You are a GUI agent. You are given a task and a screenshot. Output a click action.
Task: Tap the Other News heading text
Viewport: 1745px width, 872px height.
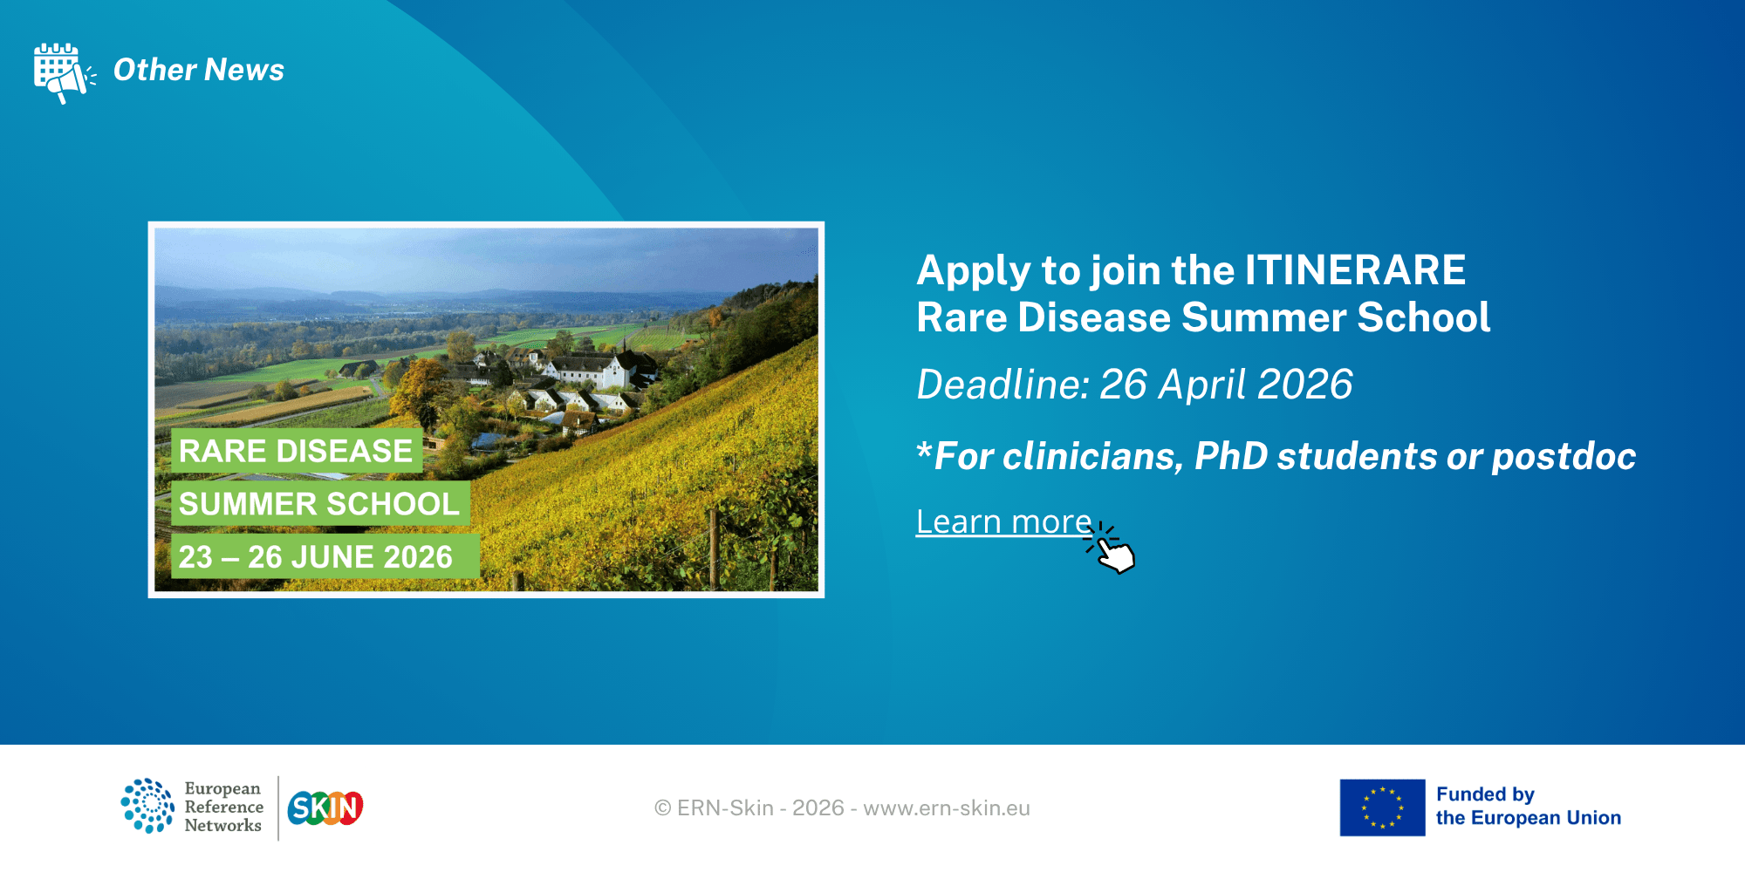coord(199,70)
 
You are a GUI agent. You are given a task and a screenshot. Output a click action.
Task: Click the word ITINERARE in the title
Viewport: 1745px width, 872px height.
coord(1355,270)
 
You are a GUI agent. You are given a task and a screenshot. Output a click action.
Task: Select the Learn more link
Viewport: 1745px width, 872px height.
coord(1004,521)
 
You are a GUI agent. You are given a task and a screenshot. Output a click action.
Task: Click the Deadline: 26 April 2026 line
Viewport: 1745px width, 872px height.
coord(1134,385)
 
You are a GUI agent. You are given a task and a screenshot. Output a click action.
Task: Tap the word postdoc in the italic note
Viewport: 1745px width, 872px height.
coord(1564,457)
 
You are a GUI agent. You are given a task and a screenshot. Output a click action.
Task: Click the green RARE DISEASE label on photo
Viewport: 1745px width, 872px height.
coord(297,451)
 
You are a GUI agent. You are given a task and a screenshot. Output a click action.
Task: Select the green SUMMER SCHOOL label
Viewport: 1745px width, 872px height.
coord(320,504)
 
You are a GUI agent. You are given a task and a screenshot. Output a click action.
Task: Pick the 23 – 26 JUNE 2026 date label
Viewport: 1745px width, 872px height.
coord(325,556)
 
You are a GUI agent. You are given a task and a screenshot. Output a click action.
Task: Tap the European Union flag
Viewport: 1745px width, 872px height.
coord(1383,807)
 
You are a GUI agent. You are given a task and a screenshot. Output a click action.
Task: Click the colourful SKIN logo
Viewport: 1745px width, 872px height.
coord(325,808)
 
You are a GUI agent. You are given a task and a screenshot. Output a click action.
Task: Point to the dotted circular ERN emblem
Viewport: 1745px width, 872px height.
coord(147,806)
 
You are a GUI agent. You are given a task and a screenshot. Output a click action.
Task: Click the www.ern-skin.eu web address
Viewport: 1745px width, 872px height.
coord(947,808)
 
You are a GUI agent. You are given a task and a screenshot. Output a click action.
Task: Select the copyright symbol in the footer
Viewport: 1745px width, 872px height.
coord(663,808)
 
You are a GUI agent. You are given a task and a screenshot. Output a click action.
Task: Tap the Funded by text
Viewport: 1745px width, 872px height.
coord(1485,794)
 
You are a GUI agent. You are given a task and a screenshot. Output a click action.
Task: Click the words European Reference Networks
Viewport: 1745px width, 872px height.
coord(223,807)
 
